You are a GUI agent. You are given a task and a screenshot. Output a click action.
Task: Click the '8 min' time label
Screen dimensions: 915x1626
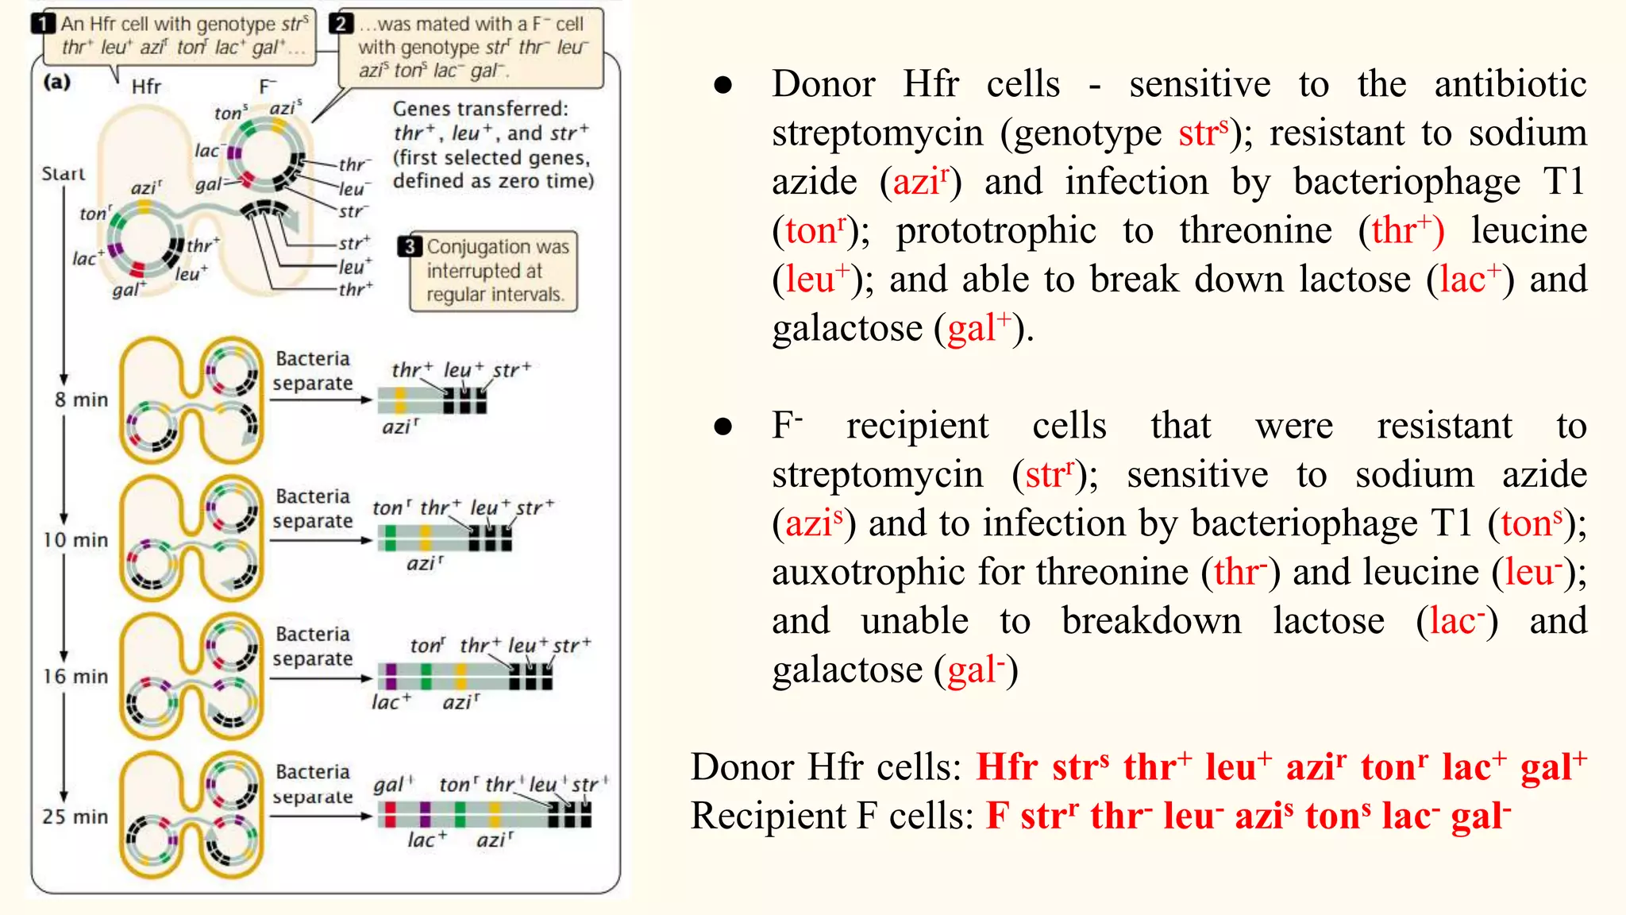pyautogui.click(x=81, y=400)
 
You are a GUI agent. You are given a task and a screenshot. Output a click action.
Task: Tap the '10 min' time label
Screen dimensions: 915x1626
pyautogui.click(x=75, y=540)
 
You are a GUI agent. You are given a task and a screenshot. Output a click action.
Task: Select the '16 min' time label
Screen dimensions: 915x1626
pyautogui.click(x=75, y=677)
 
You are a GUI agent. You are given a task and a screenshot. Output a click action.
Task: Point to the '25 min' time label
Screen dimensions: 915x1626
pyautogui.click(x=75, y=817)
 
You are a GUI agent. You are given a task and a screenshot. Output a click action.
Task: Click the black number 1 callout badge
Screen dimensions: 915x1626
pyautogui.click(x=43, y=24)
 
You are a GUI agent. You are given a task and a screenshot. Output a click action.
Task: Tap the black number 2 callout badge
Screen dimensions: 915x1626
pyautogui.click(x=341, y=24)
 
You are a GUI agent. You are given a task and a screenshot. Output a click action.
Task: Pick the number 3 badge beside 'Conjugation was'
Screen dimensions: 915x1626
pyautogui.click(x=410, y=247)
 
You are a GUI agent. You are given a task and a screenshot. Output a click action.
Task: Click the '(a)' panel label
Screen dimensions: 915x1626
pyautogui.click(x=56, y=82)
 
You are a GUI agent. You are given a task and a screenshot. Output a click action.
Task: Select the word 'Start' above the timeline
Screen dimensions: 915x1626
pyautogui.click(x=64, y=174)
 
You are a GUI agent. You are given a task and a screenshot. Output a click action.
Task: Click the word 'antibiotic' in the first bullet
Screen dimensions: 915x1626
pyautogui.click(x=1510, y=84)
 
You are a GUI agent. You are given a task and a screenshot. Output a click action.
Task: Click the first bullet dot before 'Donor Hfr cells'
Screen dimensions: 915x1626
pyautogui.click(x=722, y=85)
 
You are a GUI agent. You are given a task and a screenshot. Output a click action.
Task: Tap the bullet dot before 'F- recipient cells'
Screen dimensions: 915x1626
pyautogui.click(x=722, y=427)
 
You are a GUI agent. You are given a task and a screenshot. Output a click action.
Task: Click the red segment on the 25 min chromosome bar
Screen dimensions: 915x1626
pyautogui.click(x=389, y=814)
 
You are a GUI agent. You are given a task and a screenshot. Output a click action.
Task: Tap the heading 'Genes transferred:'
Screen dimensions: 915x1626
pyautogui.click(x=480, y=109)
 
